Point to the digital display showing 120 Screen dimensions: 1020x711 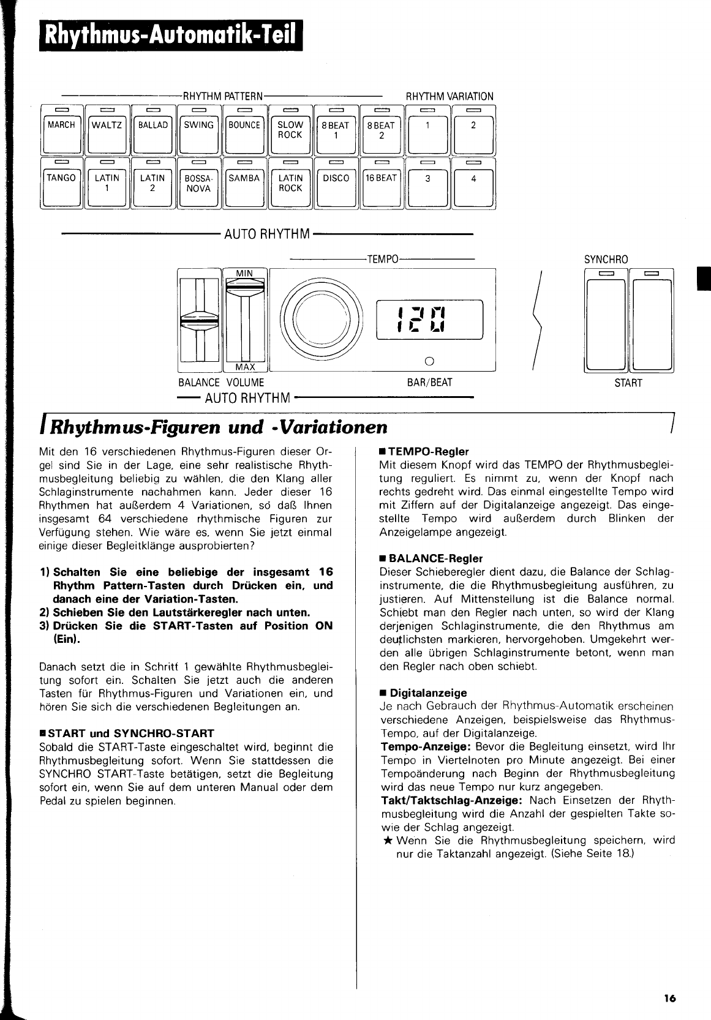[x=429, y=320]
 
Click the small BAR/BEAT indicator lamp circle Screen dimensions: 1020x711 [x=429, y=361]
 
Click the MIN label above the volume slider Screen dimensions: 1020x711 [x=244, y=273]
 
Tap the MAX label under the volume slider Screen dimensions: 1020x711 [x=245, y=367]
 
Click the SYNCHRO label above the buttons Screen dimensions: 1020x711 [x=606, y=260]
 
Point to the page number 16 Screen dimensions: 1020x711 [x=669, y=998]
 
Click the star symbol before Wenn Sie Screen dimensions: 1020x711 [x=387, y=841]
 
